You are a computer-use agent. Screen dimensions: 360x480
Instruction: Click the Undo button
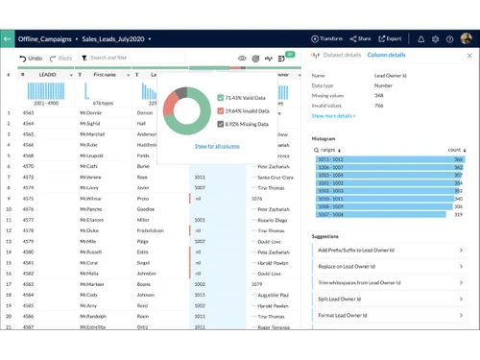point(31,59)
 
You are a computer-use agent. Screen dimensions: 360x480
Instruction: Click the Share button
point(361,39)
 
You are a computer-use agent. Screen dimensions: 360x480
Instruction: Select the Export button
point(390,39)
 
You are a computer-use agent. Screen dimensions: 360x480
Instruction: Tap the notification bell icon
point(420,39)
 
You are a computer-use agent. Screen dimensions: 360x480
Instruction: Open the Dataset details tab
point(341,56)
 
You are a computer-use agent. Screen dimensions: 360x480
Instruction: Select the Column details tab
point(386,56)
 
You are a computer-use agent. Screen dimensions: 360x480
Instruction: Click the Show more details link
point(333,116)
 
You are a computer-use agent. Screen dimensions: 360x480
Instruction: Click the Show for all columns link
point(217,146)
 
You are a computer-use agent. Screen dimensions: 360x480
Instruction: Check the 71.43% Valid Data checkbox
point(220,98)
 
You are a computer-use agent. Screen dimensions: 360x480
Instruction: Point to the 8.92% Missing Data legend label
point(249,124)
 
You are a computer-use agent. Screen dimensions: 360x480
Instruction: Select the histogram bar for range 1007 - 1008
point(380,214)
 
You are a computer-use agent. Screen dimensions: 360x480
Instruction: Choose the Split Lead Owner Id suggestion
point(390,299)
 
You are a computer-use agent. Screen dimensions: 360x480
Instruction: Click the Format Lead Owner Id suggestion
point(390,315)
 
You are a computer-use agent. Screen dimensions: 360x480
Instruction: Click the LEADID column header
point(48,75)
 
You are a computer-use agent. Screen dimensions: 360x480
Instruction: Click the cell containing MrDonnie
point(92,113)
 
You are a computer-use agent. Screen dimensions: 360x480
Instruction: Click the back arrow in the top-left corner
point(8,39)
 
